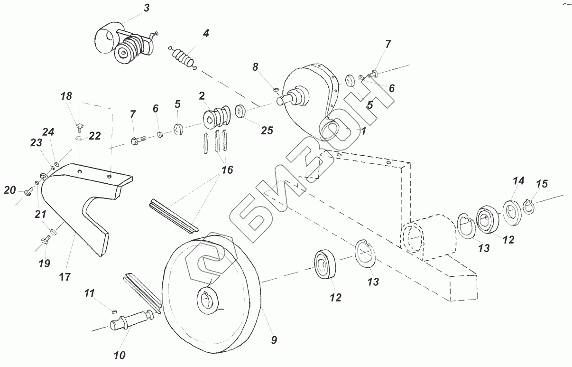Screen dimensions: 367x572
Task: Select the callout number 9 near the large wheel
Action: (274, 340)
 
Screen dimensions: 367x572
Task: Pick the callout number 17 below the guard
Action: (65, 276)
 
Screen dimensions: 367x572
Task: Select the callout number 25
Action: (267, 130)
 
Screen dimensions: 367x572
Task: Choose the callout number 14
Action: (518, 181)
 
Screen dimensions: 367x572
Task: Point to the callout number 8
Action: (256, 67)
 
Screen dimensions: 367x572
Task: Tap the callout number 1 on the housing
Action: (363, 131)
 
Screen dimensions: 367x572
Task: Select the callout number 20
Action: (10, 190)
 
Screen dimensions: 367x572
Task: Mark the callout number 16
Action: (227, 169)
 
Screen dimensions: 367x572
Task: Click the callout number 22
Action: (94, 136)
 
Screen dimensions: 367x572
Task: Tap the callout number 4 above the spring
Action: (205, 34)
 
